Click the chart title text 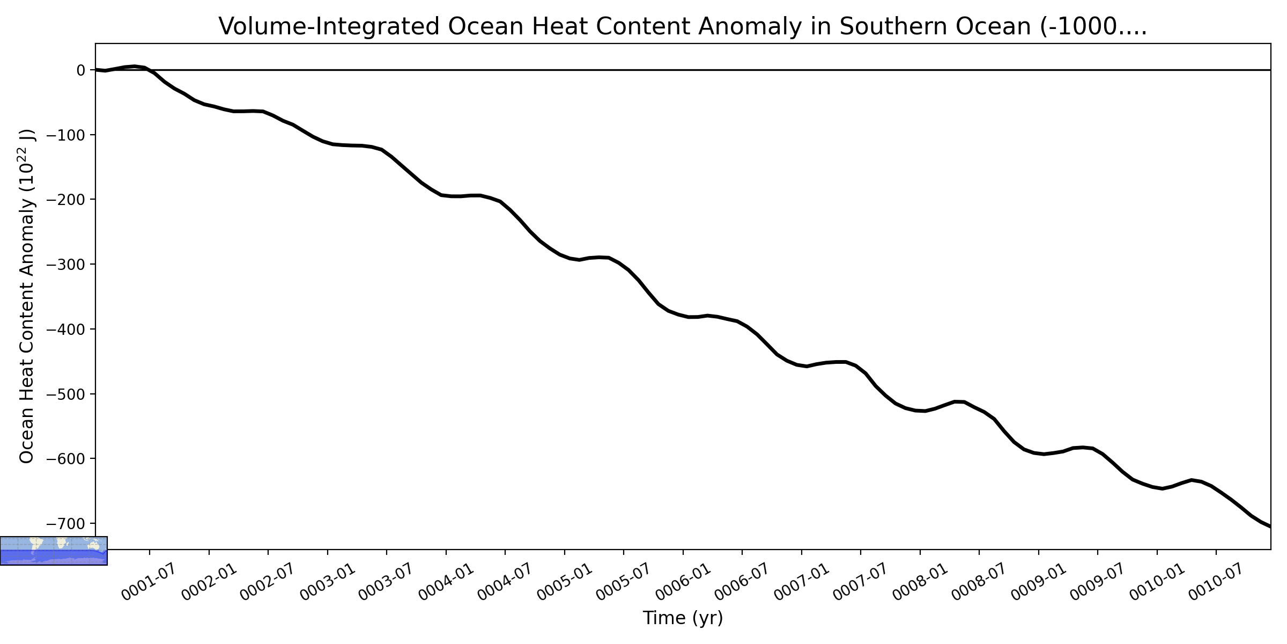coord(683,26)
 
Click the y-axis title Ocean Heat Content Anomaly coord(27,296)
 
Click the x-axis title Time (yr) coord(683,618)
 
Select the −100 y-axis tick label coord(66,135)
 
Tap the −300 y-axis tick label coord(66,264)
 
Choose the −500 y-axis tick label coord(66,394)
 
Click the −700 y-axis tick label coord(66,523)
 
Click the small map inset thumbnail coord(54,551)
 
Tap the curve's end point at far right coord(1270,527)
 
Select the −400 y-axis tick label coord(66,329)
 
